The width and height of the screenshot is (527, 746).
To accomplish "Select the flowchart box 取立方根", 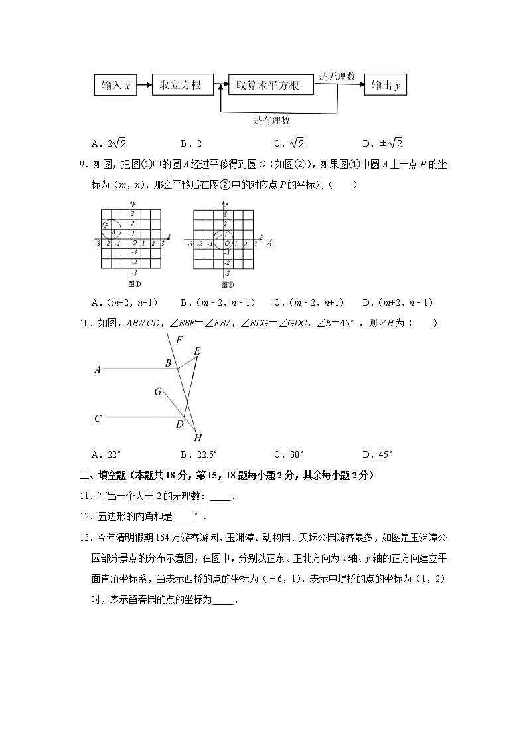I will click(181, 86).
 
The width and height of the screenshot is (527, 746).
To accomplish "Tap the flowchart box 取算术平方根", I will click(270, 86).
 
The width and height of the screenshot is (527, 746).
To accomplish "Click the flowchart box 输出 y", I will click(385, 86).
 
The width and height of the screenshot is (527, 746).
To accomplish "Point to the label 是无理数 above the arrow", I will click(337, 76).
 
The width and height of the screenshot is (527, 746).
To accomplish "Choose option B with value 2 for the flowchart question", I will click(191, 143).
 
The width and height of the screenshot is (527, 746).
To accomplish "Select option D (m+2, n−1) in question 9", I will click(398, 302).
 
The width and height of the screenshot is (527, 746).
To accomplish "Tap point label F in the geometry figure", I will click(179, 340).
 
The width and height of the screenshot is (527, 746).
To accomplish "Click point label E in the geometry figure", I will click(197, 351).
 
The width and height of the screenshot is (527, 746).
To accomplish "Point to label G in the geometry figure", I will click(158, 391).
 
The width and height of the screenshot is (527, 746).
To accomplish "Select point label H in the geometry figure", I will click(198, 438).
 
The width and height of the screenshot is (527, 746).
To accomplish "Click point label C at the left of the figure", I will click(98, 419).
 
